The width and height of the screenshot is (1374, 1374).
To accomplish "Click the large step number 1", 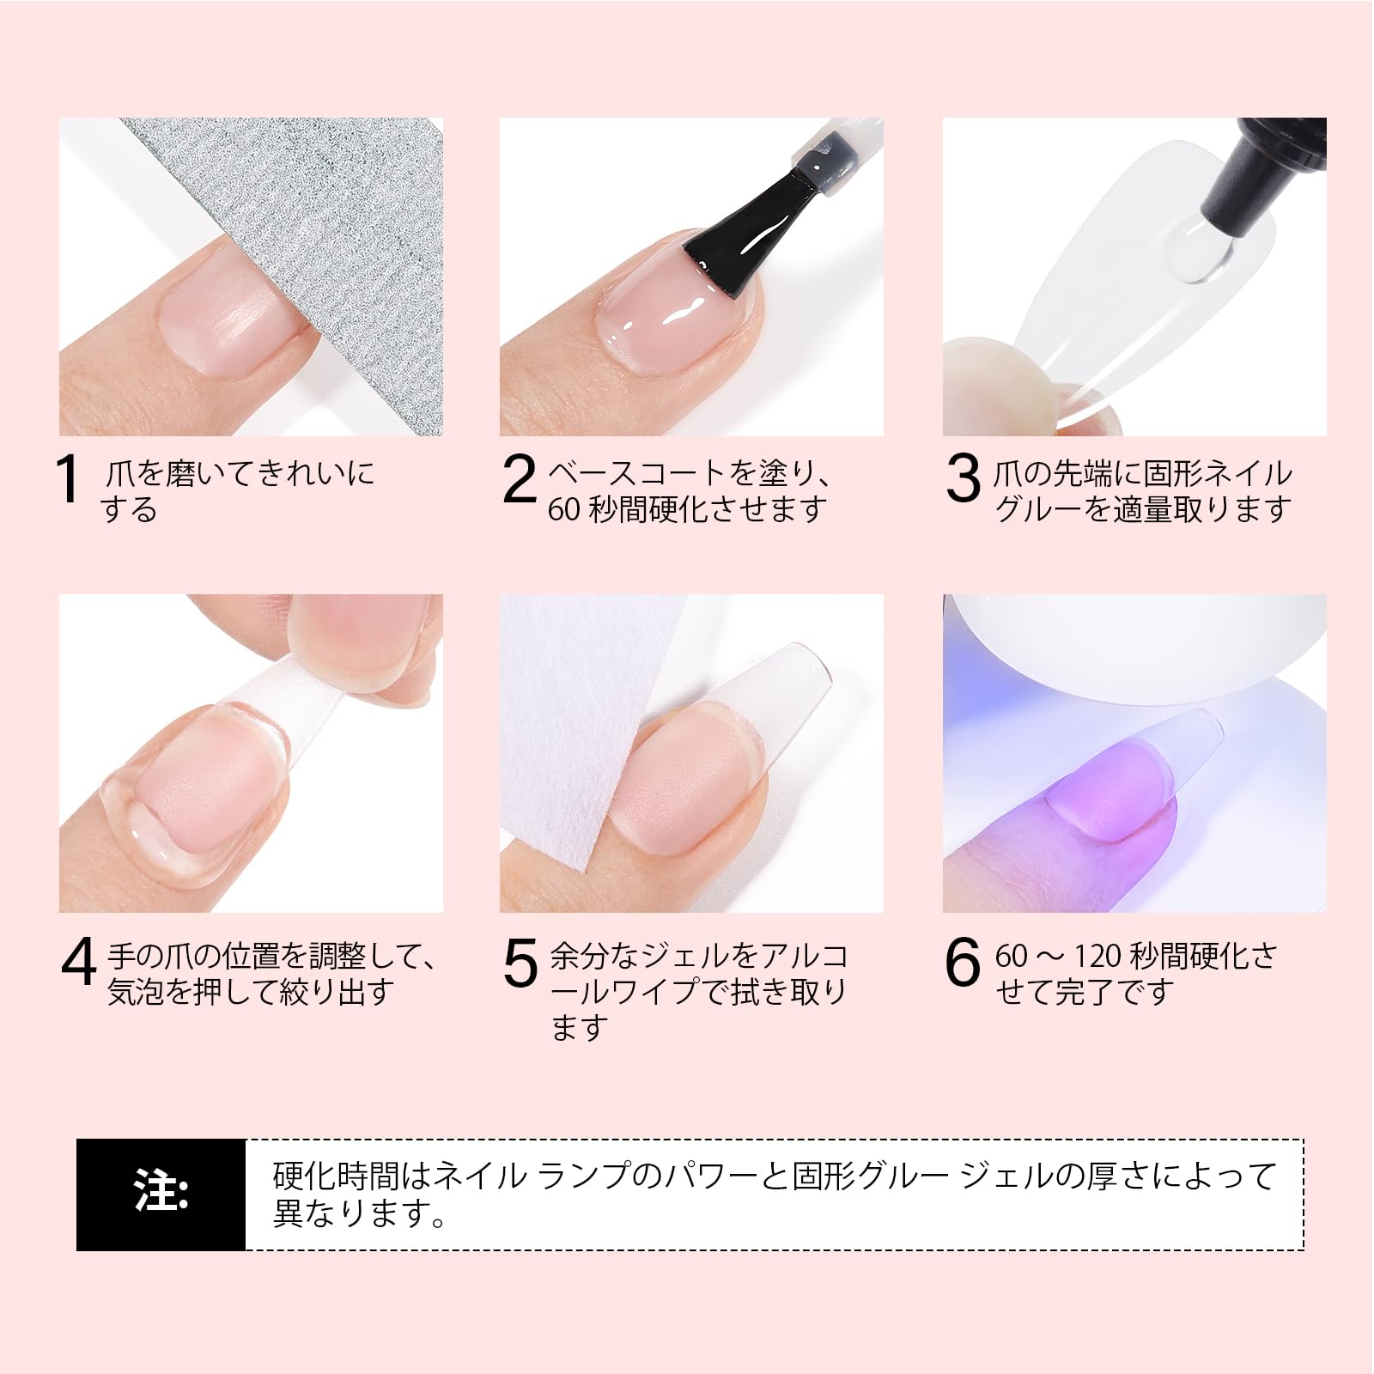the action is tap(67, 478).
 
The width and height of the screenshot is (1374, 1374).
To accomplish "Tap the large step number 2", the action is tap(519, 478).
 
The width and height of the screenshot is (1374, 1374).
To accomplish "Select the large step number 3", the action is tap(963, 478).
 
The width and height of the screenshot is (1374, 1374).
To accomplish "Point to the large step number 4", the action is tap(79, 962).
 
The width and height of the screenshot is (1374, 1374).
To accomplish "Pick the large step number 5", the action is tap(520, 963).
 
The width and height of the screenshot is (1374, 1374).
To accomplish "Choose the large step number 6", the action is tap(963, 962).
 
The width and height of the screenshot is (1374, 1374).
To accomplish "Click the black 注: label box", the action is tap(161, 1195).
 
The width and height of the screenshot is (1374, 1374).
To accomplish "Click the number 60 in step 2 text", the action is tap(564, 509).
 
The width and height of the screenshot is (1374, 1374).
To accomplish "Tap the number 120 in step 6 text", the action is tap(1097, 956).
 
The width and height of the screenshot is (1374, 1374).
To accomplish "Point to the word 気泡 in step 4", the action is tap(136, 992).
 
